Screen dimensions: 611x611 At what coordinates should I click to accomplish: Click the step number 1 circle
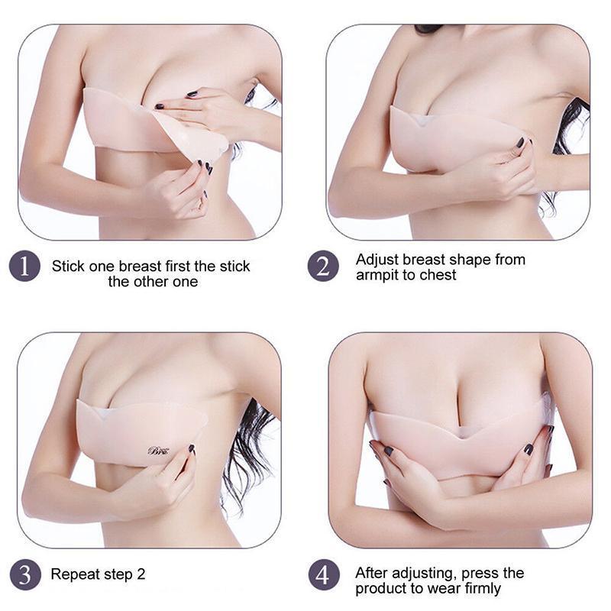pos(24,267)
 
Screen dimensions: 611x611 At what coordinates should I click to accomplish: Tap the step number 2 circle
pos(323,267)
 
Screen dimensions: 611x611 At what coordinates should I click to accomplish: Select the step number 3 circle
pos(25,574)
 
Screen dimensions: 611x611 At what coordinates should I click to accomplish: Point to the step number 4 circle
pos(323,574)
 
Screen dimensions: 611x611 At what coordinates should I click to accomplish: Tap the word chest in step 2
pos(436,275)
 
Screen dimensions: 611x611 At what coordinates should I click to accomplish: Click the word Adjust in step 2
pos(377,260)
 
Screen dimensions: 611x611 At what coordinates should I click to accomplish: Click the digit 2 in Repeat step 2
pos(141,574)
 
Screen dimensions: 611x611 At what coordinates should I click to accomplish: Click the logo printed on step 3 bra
pos(158,451)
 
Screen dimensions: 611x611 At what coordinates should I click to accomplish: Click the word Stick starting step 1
pos(68,267)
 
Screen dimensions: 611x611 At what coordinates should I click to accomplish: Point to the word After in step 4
pos(372,574)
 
